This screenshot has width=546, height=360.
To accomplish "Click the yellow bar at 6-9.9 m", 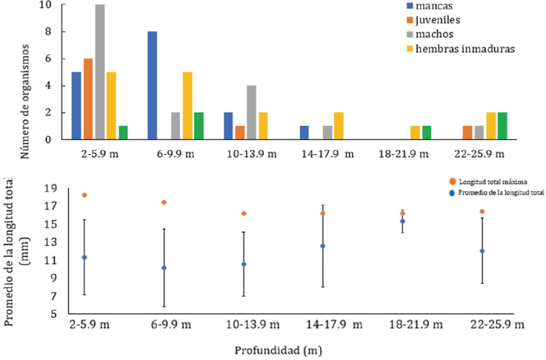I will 187,106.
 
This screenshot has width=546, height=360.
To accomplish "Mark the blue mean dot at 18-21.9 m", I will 403,221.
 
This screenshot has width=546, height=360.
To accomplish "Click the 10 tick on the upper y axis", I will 46,5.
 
